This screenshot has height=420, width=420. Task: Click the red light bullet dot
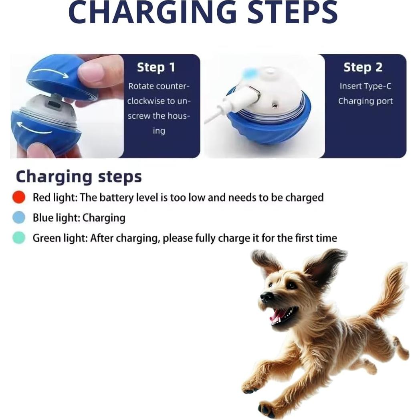point(19,197)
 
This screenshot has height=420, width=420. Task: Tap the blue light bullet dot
point(19,218)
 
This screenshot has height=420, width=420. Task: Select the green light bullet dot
point(19,238)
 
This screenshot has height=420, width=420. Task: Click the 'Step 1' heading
point(156,67)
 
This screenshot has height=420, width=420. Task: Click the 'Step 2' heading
point(363,67)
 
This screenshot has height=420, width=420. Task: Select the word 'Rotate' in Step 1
point(141,86)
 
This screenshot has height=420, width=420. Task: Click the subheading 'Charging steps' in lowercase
point(79,177)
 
